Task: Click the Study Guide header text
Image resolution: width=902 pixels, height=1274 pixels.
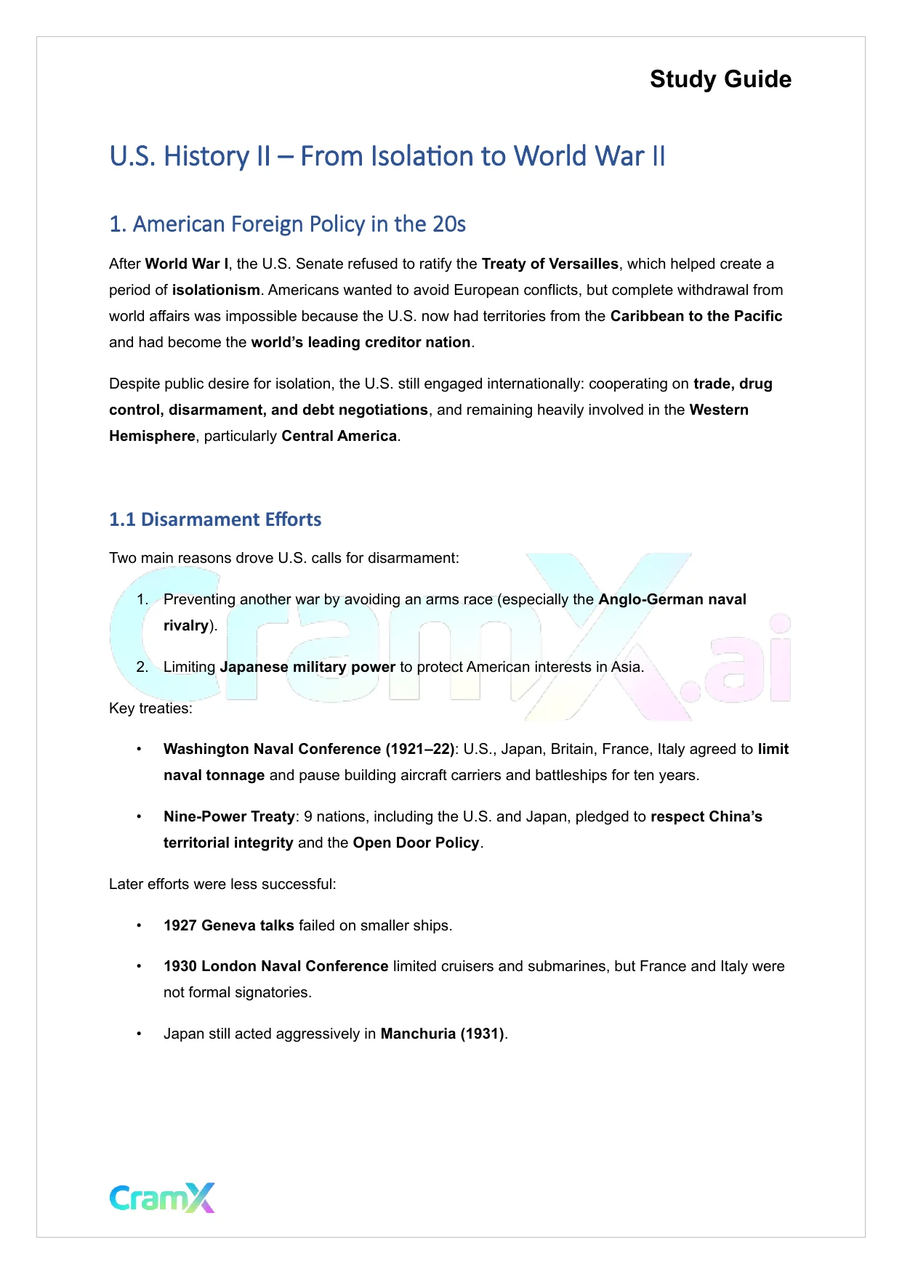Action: tap(720, 79)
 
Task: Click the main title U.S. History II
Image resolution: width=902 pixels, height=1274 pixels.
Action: tap(387, 157)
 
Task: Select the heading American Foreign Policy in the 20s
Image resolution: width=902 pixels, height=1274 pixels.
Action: tap(287, 224)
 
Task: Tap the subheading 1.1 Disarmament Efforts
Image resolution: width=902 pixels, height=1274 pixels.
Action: tap(215, 520)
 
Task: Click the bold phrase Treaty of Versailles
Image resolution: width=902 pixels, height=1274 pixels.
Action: tap(549, 264)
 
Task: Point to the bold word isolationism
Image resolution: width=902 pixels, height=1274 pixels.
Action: tap(216, 291)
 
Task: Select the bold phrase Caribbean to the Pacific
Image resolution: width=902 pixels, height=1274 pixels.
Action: tap(696, 317)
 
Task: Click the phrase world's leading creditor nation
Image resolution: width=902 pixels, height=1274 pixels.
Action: tap(361, 343)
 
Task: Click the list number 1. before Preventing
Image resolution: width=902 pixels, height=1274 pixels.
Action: tap(142, 600)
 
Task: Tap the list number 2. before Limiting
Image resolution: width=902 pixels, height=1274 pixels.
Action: tap(142, 668)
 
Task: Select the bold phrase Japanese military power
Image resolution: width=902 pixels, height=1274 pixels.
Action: tap(307, 668)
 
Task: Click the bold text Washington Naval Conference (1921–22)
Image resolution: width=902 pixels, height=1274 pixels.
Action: tap(308, 750)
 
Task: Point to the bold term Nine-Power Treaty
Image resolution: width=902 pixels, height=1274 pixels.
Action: tap(229, 817)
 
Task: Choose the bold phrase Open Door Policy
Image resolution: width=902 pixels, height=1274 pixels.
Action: tap(416, 843)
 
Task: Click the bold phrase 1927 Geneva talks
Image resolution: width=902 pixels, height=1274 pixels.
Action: tap(228, 926)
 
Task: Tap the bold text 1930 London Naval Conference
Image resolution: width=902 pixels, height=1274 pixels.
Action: tap(275, 967)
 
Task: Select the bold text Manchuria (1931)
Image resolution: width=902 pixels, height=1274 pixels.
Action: tap(442, 1034)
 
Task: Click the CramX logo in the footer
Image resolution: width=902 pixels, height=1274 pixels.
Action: tap(162, 1198)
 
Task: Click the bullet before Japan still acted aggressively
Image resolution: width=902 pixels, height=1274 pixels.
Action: tap(139, 1034)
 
